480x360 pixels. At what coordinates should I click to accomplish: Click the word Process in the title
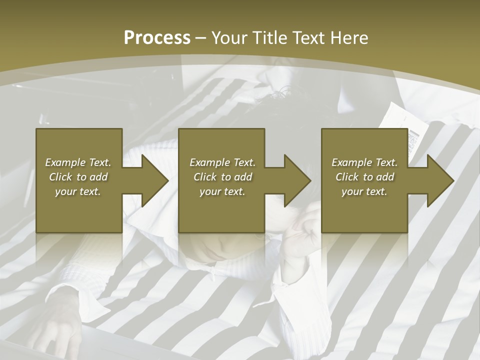click(157, 38)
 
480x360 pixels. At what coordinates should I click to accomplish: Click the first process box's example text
click(78, 177)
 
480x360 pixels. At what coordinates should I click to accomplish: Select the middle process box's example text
click(222, 177)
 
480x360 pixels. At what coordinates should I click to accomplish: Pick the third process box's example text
click(364, 177)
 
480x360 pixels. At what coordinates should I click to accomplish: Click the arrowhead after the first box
click(152, 180)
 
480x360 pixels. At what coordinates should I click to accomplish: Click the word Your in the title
click(229, 38)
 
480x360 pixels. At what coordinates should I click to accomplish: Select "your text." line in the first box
click(78, 191)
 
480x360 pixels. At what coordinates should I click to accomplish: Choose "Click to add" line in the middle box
click(222, 177)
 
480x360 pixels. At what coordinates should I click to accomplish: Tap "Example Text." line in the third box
click(364, 162)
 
